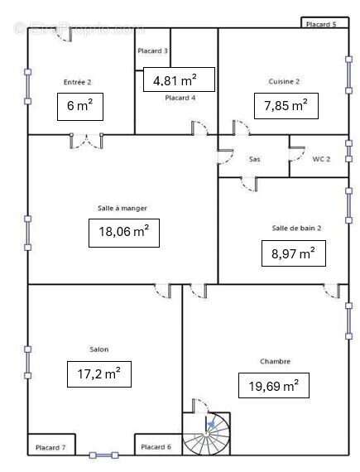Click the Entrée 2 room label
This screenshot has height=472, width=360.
pos(77,81)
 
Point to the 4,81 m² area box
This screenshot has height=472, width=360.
pos(179,79)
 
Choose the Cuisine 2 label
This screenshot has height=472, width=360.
pos(284,81)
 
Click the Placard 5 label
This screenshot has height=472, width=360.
pos(321,25)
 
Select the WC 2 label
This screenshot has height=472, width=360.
pos(321,158)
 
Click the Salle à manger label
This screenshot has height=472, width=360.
pos(116,208)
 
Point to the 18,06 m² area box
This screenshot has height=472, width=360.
pos(123,232)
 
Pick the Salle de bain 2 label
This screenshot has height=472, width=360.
pos(296,228)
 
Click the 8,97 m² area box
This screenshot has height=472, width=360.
pos(293,253)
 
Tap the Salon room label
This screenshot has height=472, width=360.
pos(98,349)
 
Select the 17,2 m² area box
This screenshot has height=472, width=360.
pos(98,374)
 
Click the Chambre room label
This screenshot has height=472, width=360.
pos(275,362)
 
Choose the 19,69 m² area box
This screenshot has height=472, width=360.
pos(273,385)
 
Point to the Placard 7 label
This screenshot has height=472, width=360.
pos(50,447)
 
